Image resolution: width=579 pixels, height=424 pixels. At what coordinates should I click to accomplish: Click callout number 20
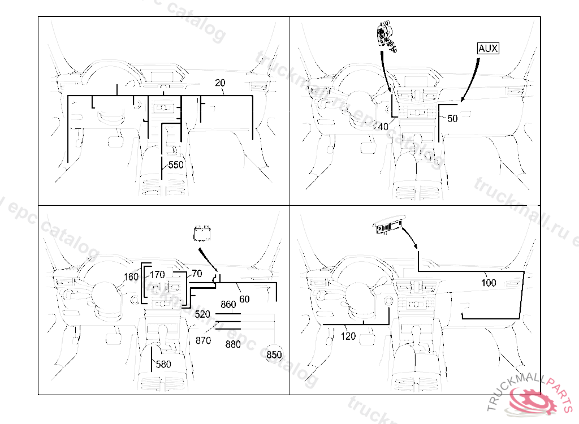point(220,83)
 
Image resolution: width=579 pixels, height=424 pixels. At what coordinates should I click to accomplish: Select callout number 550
point(176,165)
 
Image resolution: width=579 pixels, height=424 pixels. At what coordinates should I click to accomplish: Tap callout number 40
point(383,127)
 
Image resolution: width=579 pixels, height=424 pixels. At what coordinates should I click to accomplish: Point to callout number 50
point(452,119)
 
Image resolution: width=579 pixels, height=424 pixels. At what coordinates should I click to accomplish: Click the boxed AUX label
point(488,49)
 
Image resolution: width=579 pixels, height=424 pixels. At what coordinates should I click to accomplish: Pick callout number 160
point(131,277)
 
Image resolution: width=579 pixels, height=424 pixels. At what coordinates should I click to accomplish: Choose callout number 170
point(157,275)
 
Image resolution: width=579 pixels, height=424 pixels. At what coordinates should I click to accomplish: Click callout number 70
point(197,274)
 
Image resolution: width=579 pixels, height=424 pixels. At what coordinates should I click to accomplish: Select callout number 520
point(202,314)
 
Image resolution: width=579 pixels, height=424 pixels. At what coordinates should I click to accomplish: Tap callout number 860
point(228,305)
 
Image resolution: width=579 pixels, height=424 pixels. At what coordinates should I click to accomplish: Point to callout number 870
point(202,340)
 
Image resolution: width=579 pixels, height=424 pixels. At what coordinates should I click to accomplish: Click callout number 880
point(233,344)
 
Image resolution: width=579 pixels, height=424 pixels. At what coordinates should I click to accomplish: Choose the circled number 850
point(274,355)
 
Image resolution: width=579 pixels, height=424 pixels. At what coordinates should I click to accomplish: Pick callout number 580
point(163,365)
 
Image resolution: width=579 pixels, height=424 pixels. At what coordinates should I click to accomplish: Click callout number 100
point(489,283)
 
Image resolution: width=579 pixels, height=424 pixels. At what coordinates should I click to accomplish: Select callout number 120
point(349,336)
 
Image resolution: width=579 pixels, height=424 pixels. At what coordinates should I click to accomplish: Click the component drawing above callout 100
point(389,227)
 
